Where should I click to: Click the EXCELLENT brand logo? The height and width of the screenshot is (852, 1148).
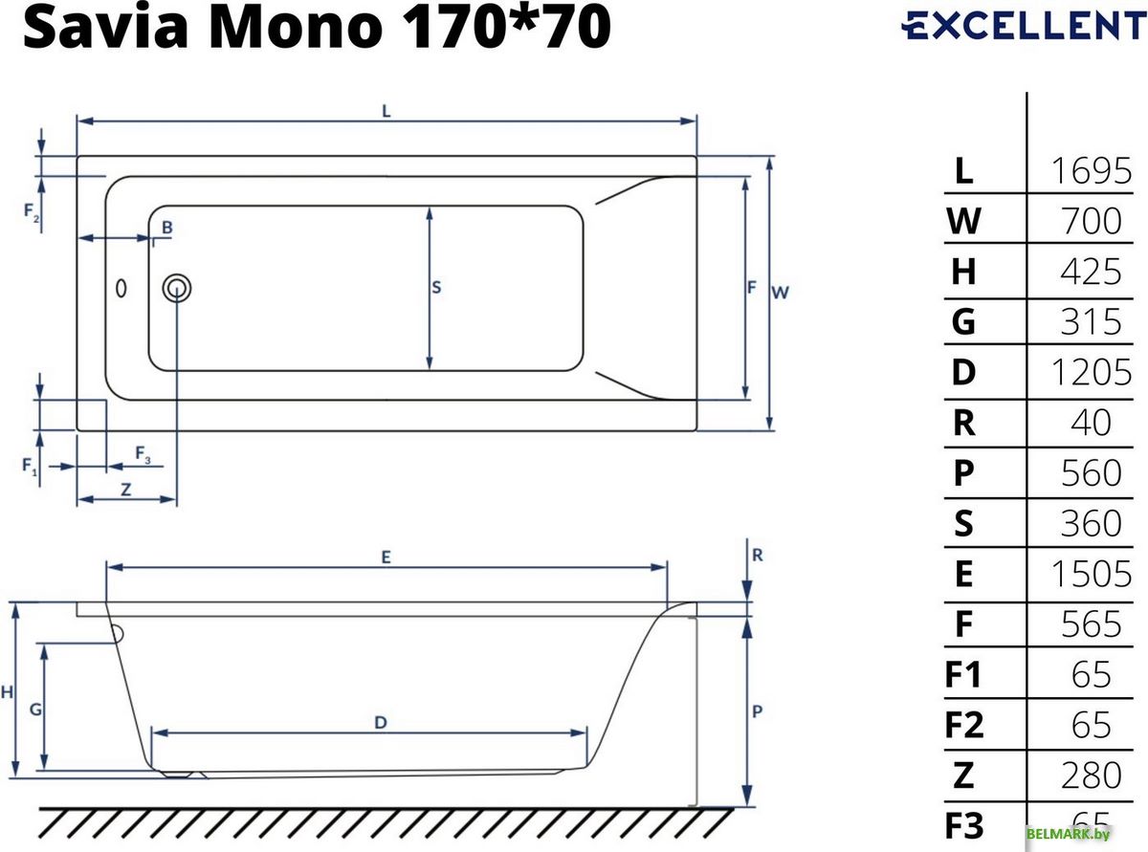(x=1022, y=26)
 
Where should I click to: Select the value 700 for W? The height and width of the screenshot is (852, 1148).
(x=1091, y=222)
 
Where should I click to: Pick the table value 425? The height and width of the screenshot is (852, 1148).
(x=1091, y=272)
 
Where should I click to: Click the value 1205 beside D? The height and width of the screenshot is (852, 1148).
(x=1091, y=372)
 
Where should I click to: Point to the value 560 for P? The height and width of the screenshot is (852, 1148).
(x=1091, y=473)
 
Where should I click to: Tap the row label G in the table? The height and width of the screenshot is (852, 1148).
(x=963, y=322)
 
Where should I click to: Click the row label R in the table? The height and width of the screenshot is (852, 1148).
(x=963, y=423)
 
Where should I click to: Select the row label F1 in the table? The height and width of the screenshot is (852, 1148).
(x=963, y=674)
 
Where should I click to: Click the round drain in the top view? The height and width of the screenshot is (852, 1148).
(x=177, y=287)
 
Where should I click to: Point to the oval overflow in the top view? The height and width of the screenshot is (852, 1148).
(x=121, y=287)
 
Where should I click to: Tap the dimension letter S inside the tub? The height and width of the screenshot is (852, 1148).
(x=436, y=287)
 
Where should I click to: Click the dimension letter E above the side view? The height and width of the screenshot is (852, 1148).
(x=385, y=557)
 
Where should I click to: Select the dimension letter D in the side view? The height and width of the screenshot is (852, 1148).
(x=380, y=723)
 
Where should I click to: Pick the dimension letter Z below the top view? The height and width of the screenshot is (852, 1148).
(x=125, y=489)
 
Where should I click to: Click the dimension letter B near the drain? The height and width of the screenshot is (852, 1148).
(x=166, y=228)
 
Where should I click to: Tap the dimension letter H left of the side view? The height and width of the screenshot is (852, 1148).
(x=7, y=691)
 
